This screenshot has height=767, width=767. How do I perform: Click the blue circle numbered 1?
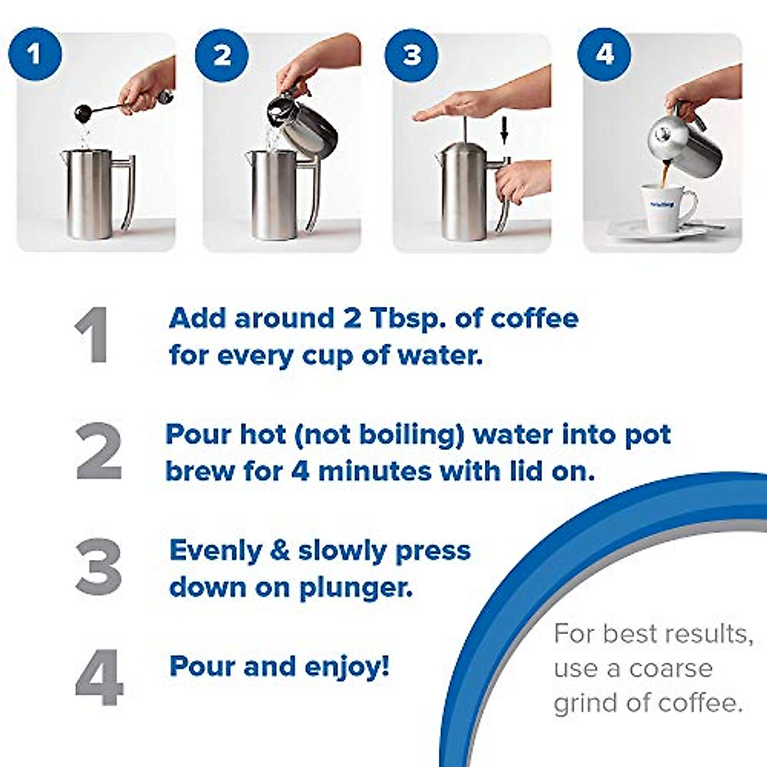[x=35, y=54]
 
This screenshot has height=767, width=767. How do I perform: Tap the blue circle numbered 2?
[x=222, y=55]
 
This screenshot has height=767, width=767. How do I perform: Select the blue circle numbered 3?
[x=412, y=55]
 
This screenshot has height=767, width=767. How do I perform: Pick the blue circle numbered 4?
[x=604, y=54]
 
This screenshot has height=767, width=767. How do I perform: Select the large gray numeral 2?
[x=99, y=451]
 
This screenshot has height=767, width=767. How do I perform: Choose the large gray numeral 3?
[x=98, y=567]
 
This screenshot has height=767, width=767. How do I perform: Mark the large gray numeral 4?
[x=99, y=678]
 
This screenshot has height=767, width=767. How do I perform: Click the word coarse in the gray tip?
[x=670, y=669]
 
